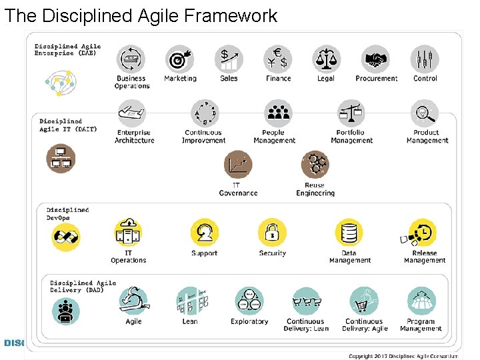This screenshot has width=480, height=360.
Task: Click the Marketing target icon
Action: [179, 59]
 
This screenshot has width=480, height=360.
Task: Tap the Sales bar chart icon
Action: [229, 59]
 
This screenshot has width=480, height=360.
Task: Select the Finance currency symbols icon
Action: [278, 59]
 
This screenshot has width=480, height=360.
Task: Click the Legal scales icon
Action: [326, 59]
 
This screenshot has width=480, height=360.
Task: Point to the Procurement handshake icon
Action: [375, 59]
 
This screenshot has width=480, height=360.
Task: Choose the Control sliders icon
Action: [425, 59]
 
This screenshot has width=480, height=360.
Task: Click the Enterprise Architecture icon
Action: [132, 113]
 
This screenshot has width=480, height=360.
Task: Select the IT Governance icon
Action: [238, 165]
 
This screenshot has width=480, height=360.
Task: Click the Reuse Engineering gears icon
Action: [315, 165]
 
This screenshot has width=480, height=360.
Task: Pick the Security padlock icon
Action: [272, 232]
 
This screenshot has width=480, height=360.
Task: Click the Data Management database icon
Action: [349, 232]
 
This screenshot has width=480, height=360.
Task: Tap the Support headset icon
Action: [204, 232]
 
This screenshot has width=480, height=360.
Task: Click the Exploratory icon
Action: [249, 301]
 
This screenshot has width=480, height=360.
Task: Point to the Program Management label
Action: [421, 325]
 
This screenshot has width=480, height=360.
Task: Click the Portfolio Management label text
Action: [351, 137]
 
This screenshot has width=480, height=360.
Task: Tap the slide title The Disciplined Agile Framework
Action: [141, 15]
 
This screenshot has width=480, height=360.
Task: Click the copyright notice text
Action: [403, 356]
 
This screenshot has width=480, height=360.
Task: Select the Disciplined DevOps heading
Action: [67, 214]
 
